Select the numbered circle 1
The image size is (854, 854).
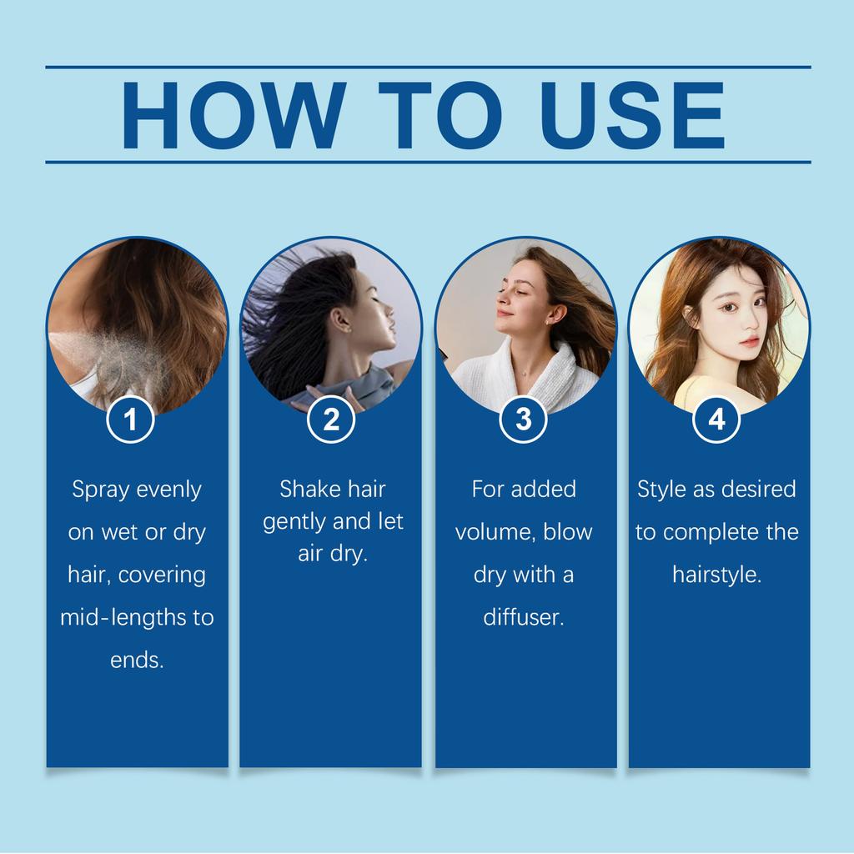[x=131, y=419]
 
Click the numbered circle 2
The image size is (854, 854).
[x=331, y=419]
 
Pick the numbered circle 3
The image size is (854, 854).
[x=523, y=419]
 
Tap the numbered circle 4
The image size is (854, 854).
[x=716, y=419]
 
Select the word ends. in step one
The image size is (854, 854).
[x=137, y=661]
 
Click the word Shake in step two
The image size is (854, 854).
[x=309, y=489]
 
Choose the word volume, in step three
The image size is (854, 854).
[x=495, y=532]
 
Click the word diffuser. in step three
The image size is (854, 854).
[x=524, y=618]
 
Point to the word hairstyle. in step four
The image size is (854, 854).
[x=717, y=575]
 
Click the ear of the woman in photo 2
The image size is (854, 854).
[x=339, y=319]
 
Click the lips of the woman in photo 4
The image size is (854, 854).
[x=748, y=341]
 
